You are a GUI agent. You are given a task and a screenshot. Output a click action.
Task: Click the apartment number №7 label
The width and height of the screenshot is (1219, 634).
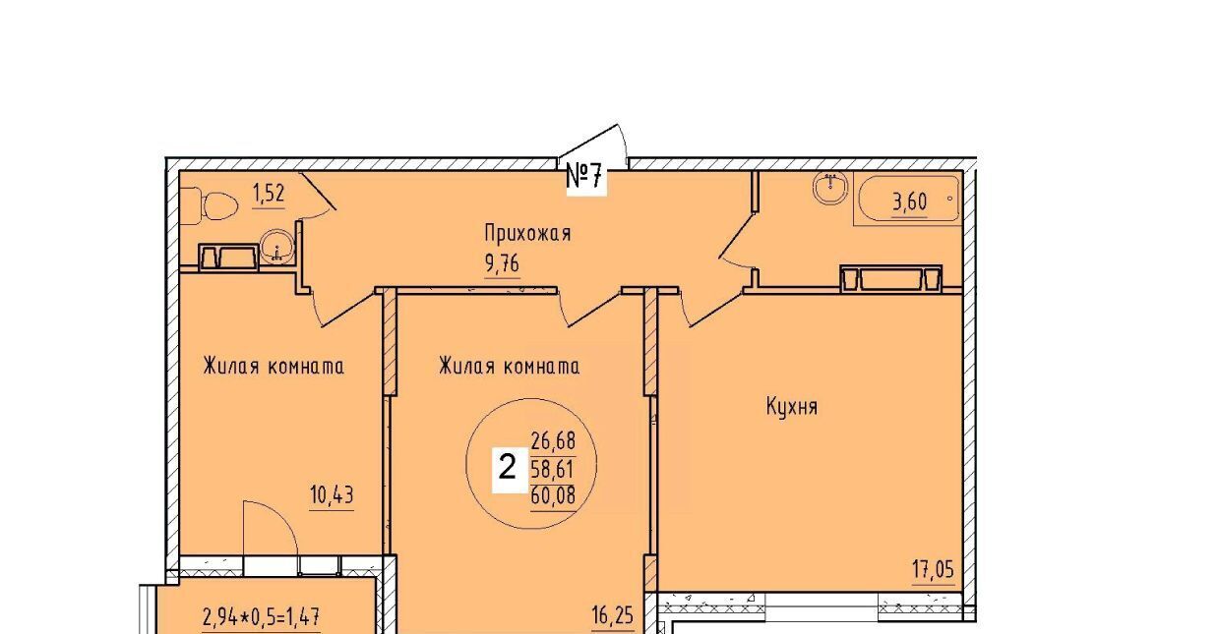[585, 176]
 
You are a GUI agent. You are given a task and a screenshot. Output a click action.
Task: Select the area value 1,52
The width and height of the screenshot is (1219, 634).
[269, 193]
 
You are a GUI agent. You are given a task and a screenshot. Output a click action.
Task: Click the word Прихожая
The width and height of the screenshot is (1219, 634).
[527, 233]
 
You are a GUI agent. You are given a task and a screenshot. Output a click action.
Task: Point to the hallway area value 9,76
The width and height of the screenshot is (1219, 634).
[503, 263]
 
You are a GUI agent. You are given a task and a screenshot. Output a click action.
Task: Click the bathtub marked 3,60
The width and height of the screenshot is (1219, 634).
[908, 201]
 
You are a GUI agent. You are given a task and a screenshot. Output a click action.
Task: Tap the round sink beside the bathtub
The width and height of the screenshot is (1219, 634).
[830, 188]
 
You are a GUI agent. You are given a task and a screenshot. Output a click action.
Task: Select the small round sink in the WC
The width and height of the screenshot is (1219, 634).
[277, 247]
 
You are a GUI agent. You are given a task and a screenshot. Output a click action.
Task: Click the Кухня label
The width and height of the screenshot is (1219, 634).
[792, 406]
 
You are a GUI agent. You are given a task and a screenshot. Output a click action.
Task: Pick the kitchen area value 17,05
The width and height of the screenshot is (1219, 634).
[933, 570]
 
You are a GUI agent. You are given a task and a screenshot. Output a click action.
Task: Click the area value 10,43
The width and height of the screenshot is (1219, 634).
[332, 494]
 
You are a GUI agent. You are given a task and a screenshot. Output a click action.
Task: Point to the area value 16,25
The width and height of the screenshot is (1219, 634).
[613, 615]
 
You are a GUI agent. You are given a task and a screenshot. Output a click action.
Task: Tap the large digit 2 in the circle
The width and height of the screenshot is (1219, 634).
[508, 467]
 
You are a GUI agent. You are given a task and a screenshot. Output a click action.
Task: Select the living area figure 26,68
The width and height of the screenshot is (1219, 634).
[553, 440]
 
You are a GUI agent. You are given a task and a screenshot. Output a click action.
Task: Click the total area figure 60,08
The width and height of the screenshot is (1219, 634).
[553, 494]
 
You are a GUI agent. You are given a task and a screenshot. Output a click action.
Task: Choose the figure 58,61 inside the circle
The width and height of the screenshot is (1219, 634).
[553, 468]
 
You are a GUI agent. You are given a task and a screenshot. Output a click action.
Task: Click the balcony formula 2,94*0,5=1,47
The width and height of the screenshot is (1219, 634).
[261, 616]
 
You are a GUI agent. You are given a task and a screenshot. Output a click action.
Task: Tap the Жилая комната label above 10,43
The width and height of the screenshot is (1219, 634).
[274, 366]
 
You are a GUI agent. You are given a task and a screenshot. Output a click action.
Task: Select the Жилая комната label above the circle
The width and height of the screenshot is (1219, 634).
[509, 366]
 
